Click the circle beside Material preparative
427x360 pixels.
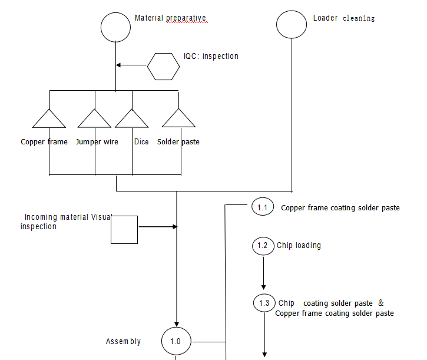pos(115,27)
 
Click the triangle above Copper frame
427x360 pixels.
pos(49,119)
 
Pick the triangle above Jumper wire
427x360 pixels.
pos(94,119)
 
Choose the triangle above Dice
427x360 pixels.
pos(132,119)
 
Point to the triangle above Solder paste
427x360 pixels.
pos(178,119)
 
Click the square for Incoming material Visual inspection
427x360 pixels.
pos(124,230)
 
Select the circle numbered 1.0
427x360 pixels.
pos(176,341)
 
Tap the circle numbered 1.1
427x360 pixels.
pos(263,207)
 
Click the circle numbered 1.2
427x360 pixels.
pos(263,245)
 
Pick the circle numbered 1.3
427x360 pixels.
pos(264,303)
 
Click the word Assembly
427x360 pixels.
pos(123,342)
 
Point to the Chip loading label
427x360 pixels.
pos(299,245)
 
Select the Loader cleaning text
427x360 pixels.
pos(343,18)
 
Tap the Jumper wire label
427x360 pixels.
pos(97,142)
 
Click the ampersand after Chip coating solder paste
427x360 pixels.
pos(380,303)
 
